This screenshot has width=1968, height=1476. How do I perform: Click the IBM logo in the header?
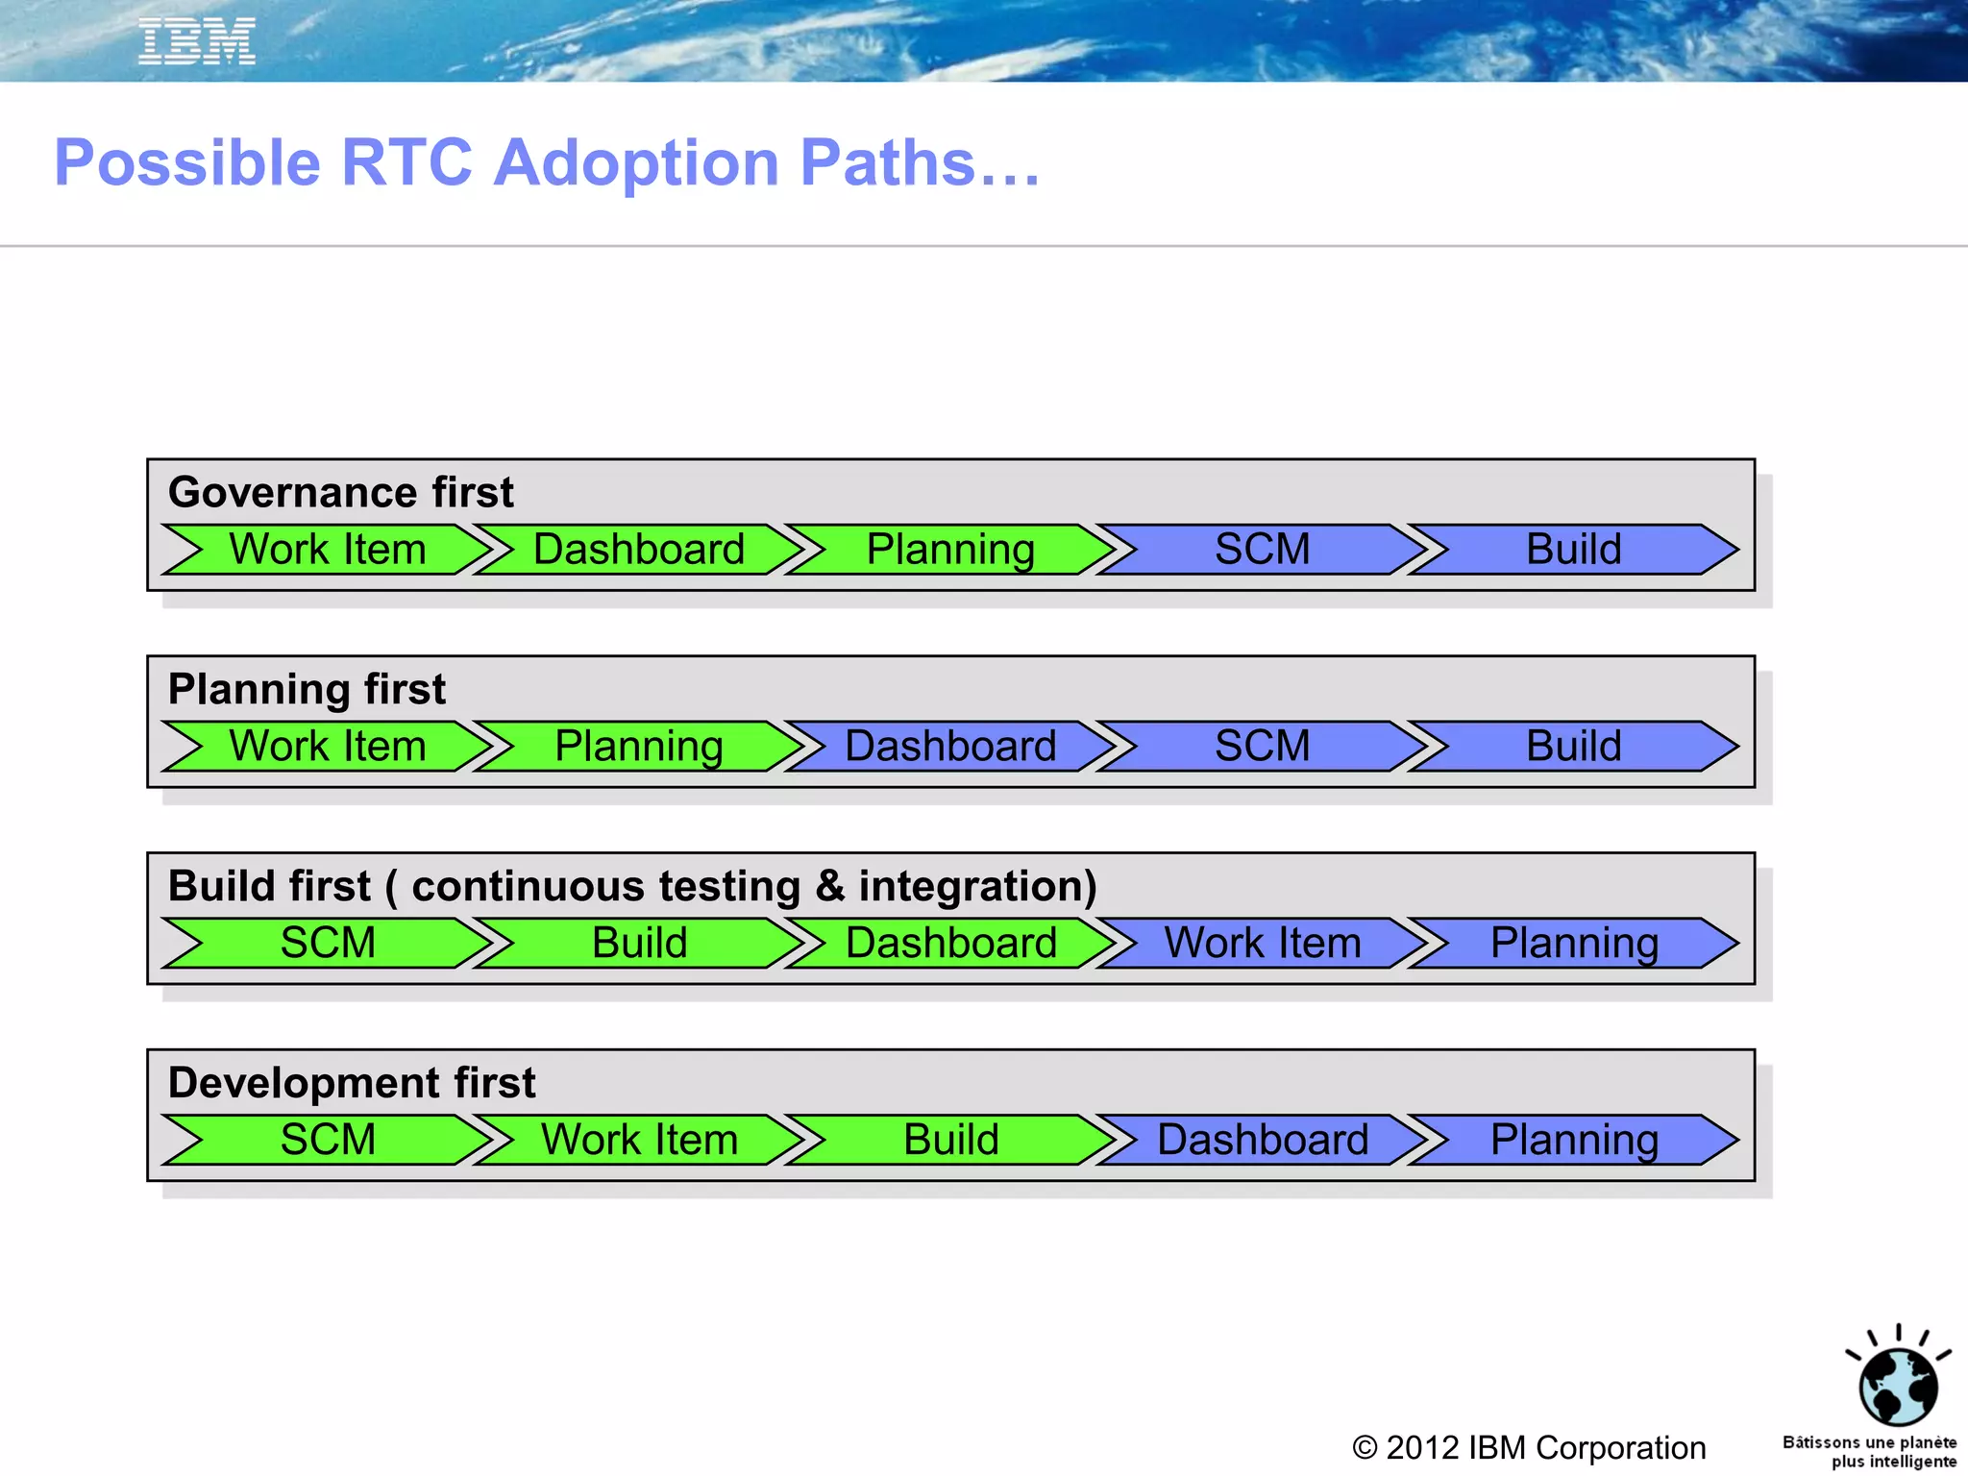[x=197, y=41]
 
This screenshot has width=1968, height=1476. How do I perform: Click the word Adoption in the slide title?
[x=635, y=162]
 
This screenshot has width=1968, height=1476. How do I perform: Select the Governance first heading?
[x=340, y=492]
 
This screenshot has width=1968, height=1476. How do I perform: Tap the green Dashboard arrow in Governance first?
[x=639, y=550]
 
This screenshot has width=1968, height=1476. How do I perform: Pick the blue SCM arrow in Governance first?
[x=1262, y=550]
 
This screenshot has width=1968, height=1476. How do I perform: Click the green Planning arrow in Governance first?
[x=950, y=550]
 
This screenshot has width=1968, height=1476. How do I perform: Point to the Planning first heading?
[x=307, y=689]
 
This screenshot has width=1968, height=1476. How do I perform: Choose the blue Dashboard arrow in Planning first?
[x=950, y=747]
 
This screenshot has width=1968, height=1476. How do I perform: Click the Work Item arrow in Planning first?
[x=328, y=747]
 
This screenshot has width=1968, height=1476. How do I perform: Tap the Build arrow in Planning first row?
[x=1573, y=747]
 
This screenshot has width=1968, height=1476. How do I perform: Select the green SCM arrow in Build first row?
[x=328, y=943]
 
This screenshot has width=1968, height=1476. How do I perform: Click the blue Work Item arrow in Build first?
[x=1262, y=943]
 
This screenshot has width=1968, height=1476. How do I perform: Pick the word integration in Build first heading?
[x=976, y=886]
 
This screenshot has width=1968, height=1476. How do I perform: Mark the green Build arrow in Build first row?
[x=639, y=943]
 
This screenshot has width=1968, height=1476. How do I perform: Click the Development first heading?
[x=351, y=1083]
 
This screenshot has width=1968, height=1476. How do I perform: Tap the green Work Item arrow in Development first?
[x=639, y=1140]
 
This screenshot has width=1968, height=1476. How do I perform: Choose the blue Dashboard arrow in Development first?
[x=1262, y=1140]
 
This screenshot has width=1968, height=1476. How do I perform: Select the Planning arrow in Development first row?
[x=1573, y=1140]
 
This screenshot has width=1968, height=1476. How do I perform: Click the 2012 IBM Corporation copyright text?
[x=1529, y=1447]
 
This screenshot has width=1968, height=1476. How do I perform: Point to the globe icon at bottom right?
[x=1898, y=1385]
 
